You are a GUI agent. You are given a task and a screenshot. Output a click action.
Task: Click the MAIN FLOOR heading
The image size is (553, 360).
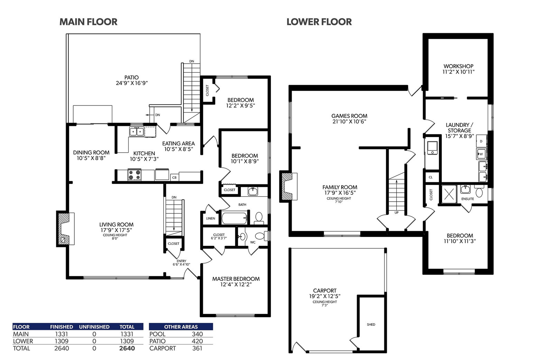[88, 22]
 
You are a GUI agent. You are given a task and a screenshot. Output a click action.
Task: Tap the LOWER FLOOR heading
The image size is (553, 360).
[319, 22]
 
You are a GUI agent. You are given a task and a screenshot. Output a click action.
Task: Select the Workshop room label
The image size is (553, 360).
[458, 69]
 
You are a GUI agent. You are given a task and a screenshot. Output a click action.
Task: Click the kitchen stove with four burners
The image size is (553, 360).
[134, 175]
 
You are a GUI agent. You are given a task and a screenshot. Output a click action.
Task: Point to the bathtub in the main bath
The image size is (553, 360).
[234, 218]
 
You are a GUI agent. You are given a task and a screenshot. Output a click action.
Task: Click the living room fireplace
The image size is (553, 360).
[65, 229]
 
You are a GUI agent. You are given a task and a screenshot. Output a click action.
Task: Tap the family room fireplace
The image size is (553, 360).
[288, 186]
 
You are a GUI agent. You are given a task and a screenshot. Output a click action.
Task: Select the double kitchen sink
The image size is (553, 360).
[137, 131]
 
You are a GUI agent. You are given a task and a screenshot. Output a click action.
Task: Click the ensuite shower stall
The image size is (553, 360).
[449, 194]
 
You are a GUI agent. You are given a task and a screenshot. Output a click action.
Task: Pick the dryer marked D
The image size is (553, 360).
[481, 141]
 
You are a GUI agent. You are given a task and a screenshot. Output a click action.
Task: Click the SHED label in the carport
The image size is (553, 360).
[371, 324]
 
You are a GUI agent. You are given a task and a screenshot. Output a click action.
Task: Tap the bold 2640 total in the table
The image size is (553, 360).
[127, 348]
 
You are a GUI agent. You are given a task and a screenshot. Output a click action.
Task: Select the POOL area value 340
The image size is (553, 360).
[197, 334]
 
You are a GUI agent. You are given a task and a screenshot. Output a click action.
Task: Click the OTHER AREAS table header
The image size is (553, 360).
[181, 327]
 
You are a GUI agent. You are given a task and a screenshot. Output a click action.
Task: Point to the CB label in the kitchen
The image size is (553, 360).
[174, 177]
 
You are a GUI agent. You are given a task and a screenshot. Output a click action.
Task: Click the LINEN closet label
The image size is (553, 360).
[210, 219]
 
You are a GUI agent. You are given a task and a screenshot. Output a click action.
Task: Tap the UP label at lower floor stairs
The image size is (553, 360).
[396, 212]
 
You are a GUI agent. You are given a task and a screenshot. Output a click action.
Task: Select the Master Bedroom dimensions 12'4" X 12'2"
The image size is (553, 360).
[236, 284]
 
